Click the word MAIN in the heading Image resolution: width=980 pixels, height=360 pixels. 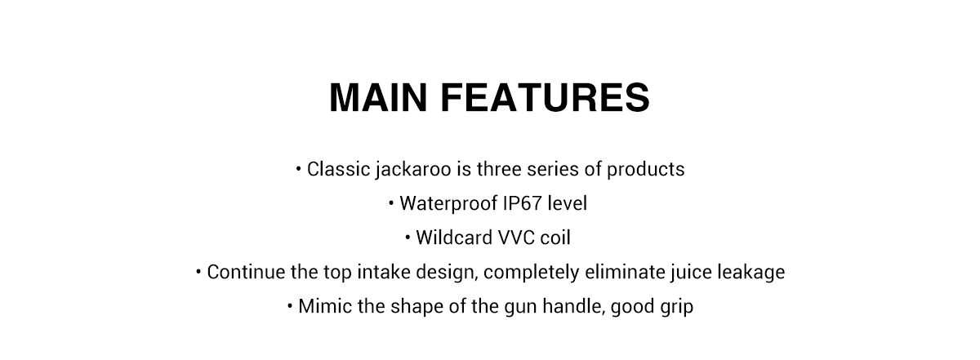378,97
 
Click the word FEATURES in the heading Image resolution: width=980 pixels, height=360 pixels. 546,97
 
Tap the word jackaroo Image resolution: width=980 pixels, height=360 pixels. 413,170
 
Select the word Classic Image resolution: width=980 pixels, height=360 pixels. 338,169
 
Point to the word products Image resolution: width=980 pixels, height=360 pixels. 645,170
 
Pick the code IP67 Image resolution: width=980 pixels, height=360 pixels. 523,203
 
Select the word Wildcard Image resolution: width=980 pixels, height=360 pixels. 454,238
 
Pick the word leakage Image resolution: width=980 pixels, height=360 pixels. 751,273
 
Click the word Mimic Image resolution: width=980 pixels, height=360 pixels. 325,306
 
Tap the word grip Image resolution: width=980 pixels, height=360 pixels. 677,307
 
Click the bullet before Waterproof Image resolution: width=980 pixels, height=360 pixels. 391,202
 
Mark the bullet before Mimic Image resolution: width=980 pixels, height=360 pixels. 290,305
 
